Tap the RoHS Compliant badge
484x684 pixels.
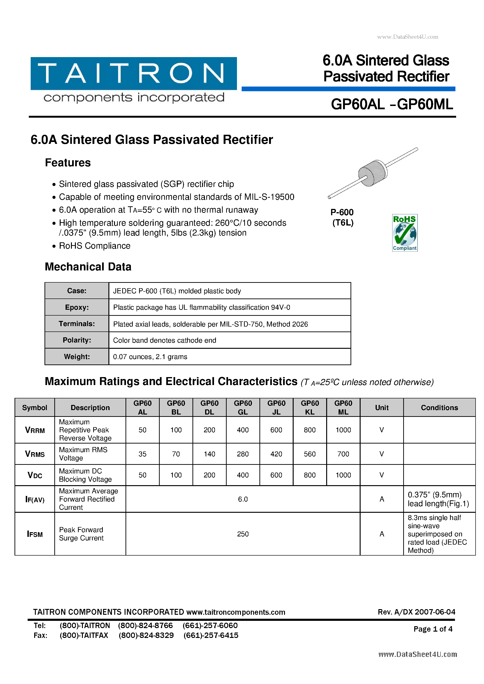coord(404,233)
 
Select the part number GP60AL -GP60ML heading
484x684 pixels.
coord(392,105)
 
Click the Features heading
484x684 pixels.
coord(68,163)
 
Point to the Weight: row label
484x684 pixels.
coord(77,357)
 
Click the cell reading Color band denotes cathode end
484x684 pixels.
coord(165,340)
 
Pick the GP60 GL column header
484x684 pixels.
coord(243,407)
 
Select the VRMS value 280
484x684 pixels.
coord(243,454)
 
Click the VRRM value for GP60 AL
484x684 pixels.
coord(142,430)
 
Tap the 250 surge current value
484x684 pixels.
coord(243,534)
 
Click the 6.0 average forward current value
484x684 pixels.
coord(243,499)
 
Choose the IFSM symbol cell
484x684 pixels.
coord(35,534)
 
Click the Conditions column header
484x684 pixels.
coord(439,407)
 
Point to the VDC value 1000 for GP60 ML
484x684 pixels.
coord(343,475)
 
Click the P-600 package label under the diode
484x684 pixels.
coord(342,212)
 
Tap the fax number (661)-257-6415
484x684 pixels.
coord(211,635)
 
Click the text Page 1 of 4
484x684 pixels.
coord(433,629)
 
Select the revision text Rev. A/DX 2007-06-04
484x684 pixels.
coord(416,612)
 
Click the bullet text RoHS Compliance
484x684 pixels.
coord(95,246)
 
